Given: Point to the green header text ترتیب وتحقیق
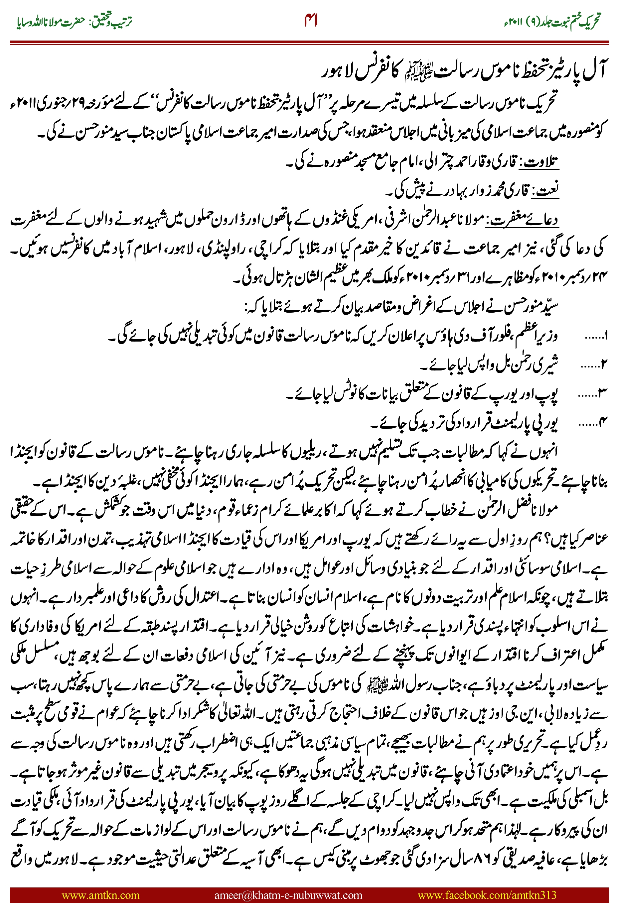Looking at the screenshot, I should click(x=111, y=21).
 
